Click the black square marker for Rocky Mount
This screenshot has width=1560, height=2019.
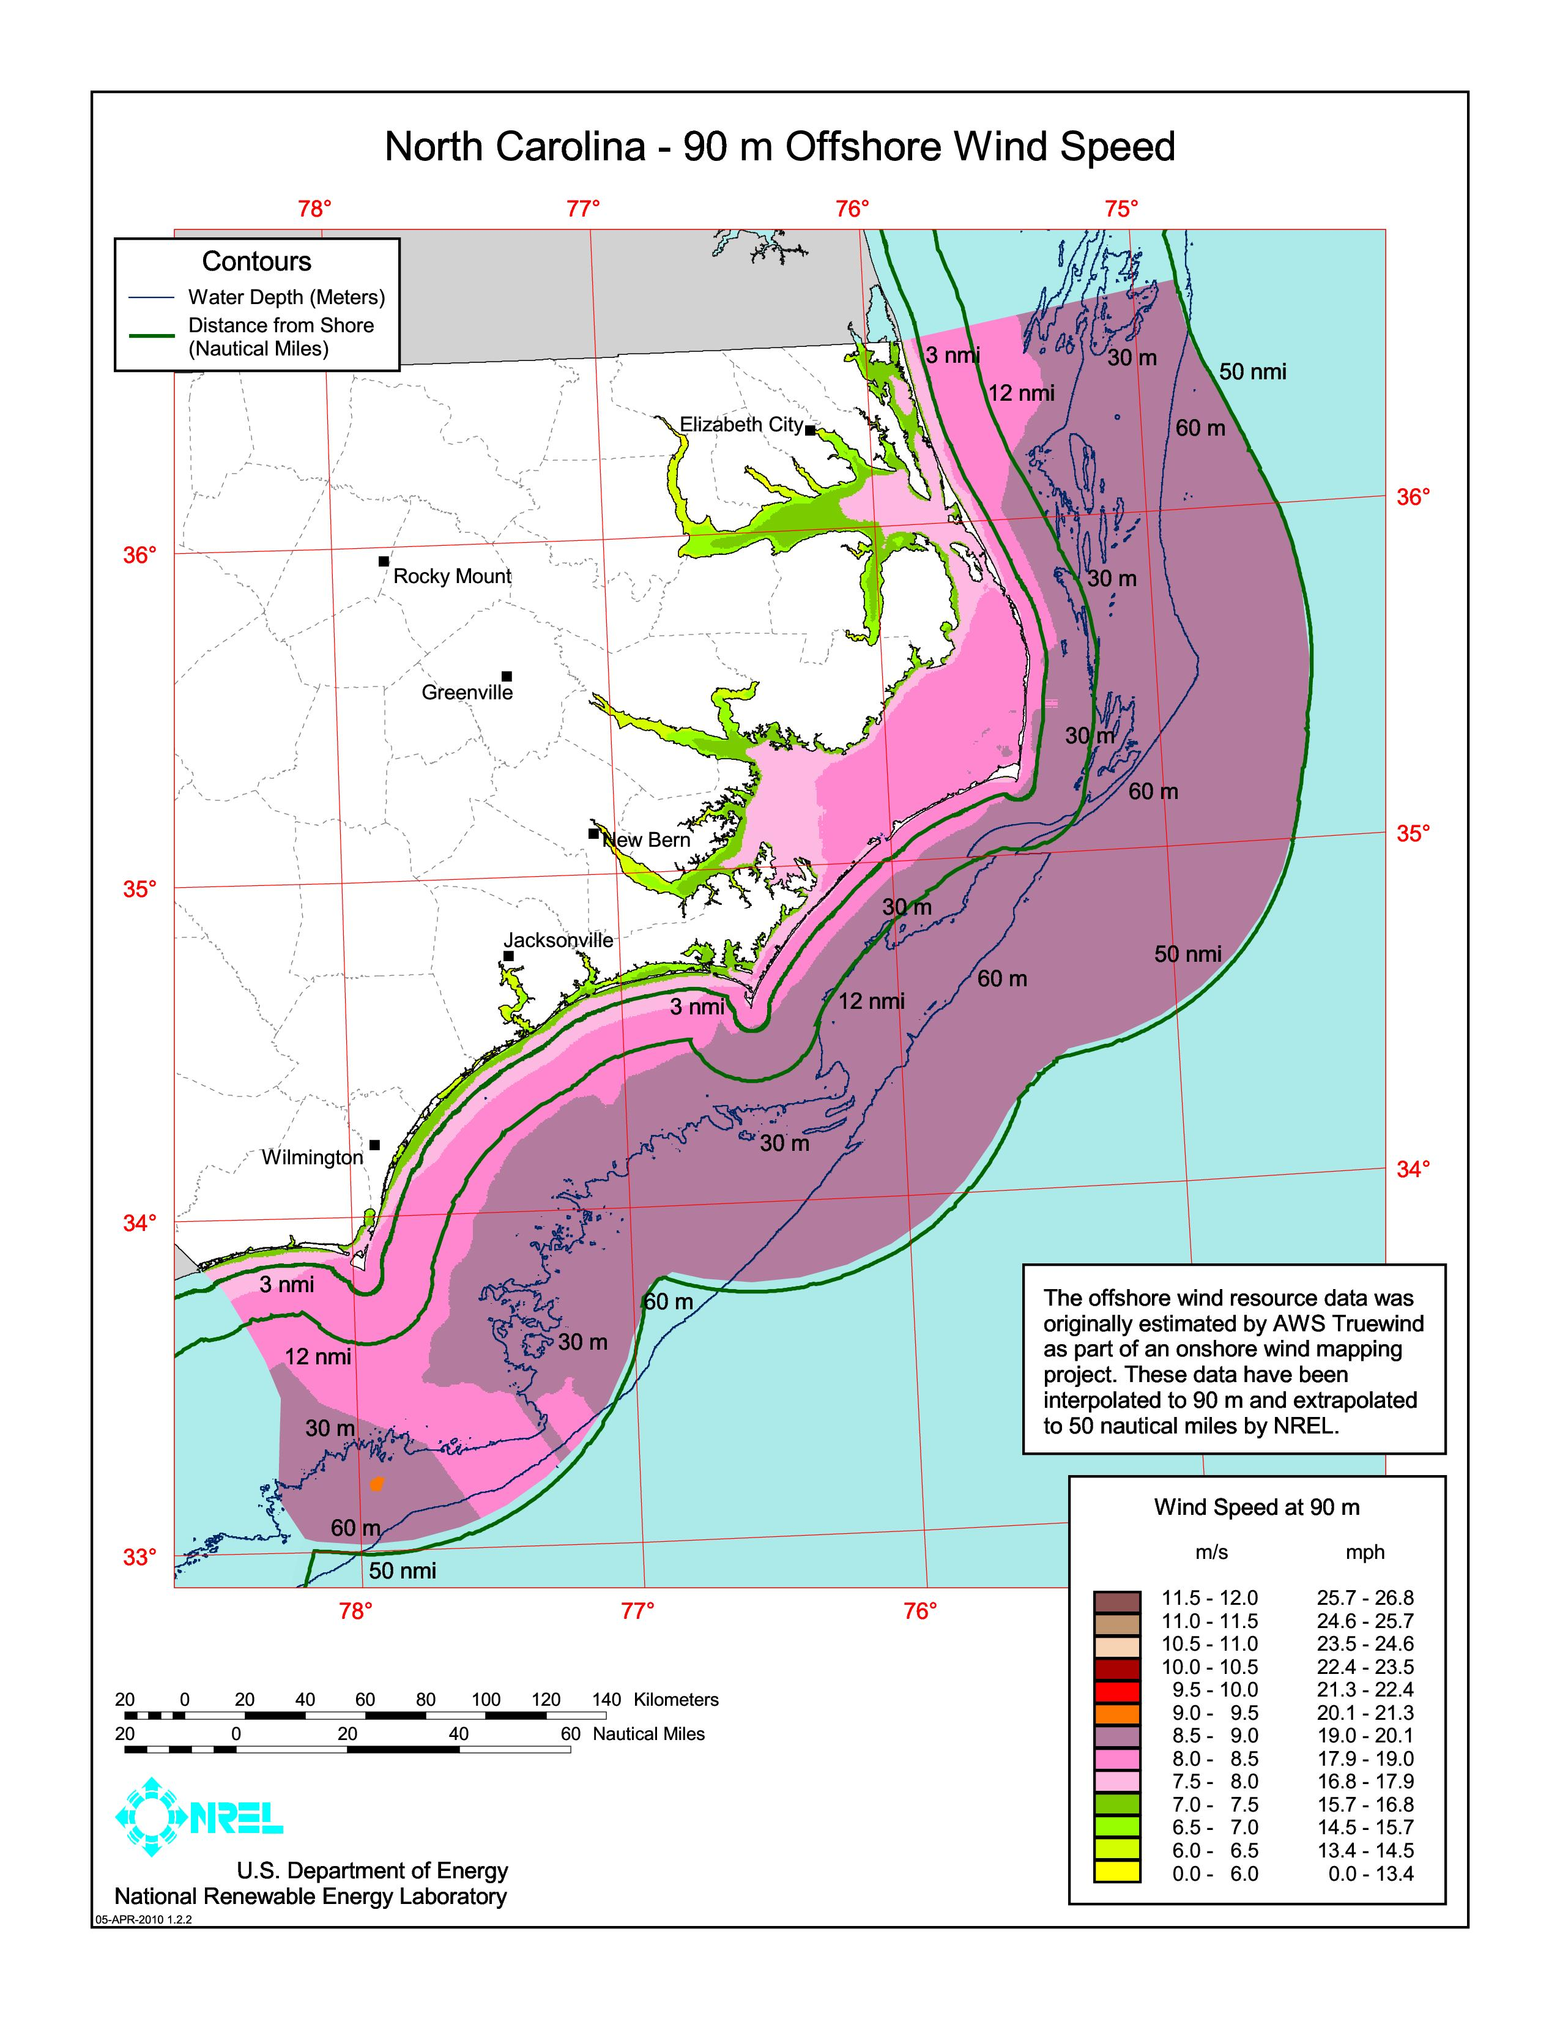coord(384,561)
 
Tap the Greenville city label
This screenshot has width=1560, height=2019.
coord(467,693)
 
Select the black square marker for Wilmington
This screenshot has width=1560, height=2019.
coord(374,1145)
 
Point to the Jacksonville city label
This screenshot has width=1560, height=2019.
coord(558,940)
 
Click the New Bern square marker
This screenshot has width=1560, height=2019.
coord(593,833)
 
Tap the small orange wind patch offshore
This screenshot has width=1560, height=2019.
coord(376,1484)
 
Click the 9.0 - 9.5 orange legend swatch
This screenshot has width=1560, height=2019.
coord(1116,1713)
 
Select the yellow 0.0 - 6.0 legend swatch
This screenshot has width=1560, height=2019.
coord(1116,1874)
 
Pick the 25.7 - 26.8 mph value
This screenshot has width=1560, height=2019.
coord(1365,1598)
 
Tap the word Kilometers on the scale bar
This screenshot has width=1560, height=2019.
coord(675,1699)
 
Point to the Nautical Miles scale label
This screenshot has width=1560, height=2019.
coord(648,1735)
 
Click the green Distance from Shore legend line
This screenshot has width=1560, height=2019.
coord(152,336)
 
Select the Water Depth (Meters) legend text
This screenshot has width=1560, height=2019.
coord(286,298)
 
